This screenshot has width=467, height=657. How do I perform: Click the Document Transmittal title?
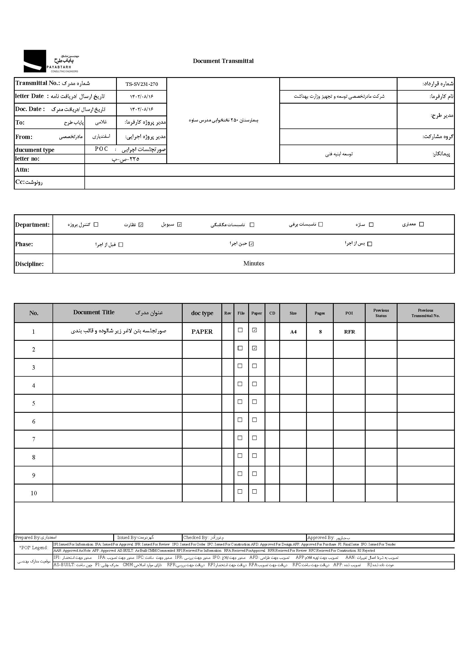(x=223, y=61)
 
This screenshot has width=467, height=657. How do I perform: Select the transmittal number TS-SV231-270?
(x=141, y=84)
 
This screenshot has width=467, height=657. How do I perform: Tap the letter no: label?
(x=27, y=159)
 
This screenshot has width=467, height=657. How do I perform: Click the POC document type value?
(x=102, y=149)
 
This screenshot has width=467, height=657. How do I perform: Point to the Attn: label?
(x=22, y=170)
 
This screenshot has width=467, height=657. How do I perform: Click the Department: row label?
(x=32, y=225)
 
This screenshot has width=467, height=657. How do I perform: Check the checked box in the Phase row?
(x=251, y=244)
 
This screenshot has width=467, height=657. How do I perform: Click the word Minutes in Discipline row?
(x=254, y=263)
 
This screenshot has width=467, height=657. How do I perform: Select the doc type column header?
(x=202, y=313)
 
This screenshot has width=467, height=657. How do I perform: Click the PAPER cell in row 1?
(x=202, y=332)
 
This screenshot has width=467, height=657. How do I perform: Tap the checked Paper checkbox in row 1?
(x=254, y=330)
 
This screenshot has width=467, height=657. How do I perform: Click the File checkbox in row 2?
(x=240, y=348)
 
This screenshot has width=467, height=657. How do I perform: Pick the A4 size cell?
(x=293, y=332)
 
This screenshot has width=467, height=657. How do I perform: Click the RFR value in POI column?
(x=349, y=332)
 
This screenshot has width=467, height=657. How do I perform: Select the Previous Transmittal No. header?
(x=425, y=313)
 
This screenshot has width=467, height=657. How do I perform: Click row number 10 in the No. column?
(x=34, y=493)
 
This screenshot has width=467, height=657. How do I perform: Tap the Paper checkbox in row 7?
(x=254, y=438)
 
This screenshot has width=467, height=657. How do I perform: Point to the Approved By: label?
(x=321, y=538)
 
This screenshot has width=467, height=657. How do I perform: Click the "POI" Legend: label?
(x=34, y=548)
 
